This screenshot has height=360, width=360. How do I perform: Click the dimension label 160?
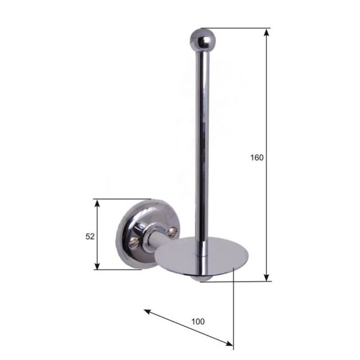click(x=257, y=158)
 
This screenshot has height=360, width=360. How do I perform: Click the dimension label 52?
click(x=90, y=236)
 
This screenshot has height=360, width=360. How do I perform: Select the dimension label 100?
click(x=198, y=322)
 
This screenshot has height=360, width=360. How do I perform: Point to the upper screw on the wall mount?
click(x=172, y=232)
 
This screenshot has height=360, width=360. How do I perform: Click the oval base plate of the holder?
click(x=202, y=256)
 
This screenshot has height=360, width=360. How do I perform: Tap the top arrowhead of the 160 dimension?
click(x=266, y=32)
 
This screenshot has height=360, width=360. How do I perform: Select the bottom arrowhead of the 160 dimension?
click(x=266, y=278)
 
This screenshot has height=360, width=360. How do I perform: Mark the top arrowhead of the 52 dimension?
click(x=97, y=203)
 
